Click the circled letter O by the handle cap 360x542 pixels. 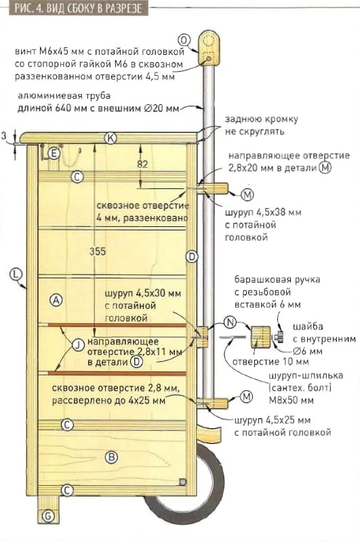pos(184,41)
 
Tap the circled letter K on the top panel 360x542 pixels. pos(111,138)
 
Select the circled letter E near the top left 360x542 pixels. pos(54,153)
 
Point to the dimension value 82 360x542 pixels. pos(142,163)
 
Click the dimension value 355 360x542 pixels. pos(98,251)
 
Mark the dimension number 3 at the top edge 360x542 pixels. pos(4,136)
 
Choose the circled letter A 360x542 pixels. pos(56,300)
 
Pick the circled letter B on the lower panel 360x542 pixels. pos(111,457)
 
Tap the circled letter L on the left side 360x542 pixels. pos(16,274)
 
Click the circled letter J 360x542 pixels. pos(78,345)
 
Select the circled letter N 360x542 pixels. pos(230,322)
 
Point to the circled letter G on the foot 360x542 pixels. pos(48,517)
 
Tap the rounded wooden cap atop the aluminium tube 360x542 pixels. pos(209,48)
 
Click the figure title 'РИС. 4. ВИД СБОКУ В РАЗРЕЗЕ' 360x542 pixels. pos(79,7)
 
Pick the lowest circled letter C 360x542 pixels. pos(66,490)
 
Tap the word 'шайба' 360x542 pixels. pos(308,327)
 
